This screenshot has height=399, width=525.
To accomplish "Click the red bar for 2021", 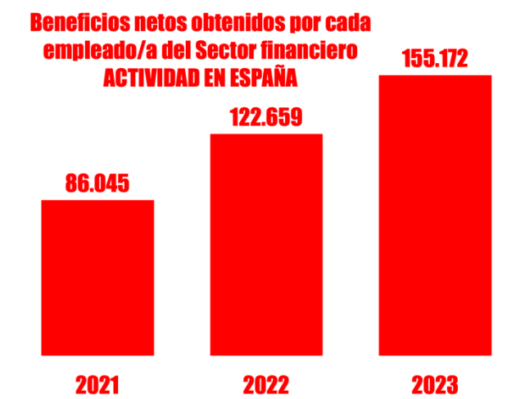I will (x=97, y=278).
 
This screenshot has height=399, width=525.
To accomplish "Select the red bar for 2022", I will (x=266, y=244).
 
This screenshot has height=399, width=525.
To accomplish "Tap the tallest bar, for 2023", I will (x=434, y=215).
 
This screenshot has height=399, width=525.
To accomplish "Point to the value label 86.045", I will (x=97, y=183).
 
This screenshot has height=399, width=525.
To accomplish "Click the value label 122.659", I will (x=266, y=117).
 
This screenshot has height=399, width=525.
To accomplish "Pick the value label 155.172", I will (x=434, y=59).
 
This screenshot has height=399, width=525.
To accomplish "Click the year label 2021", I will (x=97, y=383).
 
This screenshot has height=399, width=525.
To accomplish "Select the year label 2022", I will (x=266, y=383).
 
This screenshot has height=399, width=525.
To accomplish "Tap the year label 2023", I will (x=434, y=383).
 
